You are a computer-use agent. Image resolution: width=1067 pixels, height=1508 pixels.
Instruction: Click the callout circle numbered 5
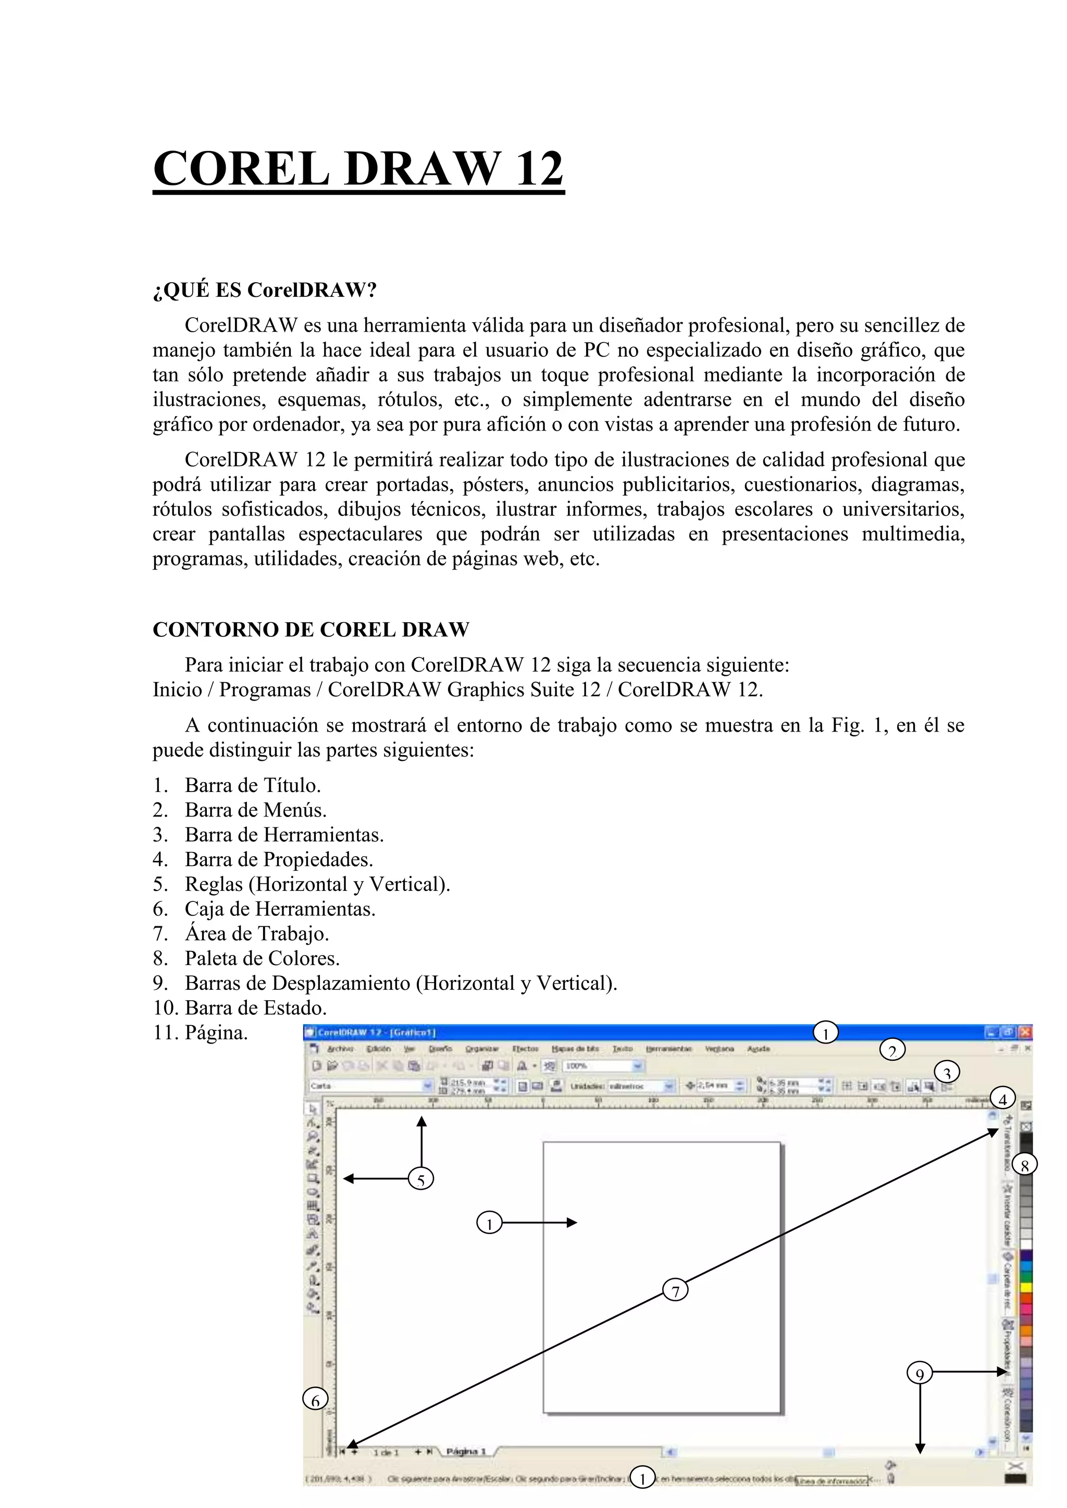tap(420, 1179)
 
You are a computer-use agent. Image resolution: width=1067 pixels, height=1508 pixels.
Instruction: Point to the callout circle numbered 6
tap(315, 1400)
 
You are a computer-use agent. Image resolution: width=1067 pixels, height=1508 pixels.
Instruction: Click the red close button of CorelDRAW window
tap(1025, 1033)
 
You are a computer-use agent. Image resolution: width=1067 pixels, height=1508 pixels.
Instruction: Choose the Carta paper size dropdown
tap(371, 1086)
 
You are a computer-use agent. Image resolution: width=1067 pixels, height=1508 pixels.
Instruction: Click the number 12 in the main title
tap(539, 169)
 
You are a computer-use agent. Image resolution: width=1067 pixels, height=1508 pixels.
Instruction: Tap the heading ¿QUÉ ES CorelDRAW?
tap(265, 290)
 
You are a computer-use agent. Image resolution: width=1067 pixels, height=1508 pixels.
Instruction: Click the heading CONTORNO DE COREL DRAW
tap(311, 629)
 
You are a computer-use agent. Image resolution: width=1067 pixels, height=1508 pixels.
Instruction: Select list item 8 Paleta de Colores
tap(262, 958)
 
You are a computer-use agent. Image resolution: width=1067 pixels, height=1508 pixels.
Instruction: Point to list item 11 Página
tap(216, 1033)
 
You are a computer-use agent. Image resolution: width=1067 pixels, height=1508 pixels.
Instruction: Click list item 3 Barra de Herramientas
tap(284, 835)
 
